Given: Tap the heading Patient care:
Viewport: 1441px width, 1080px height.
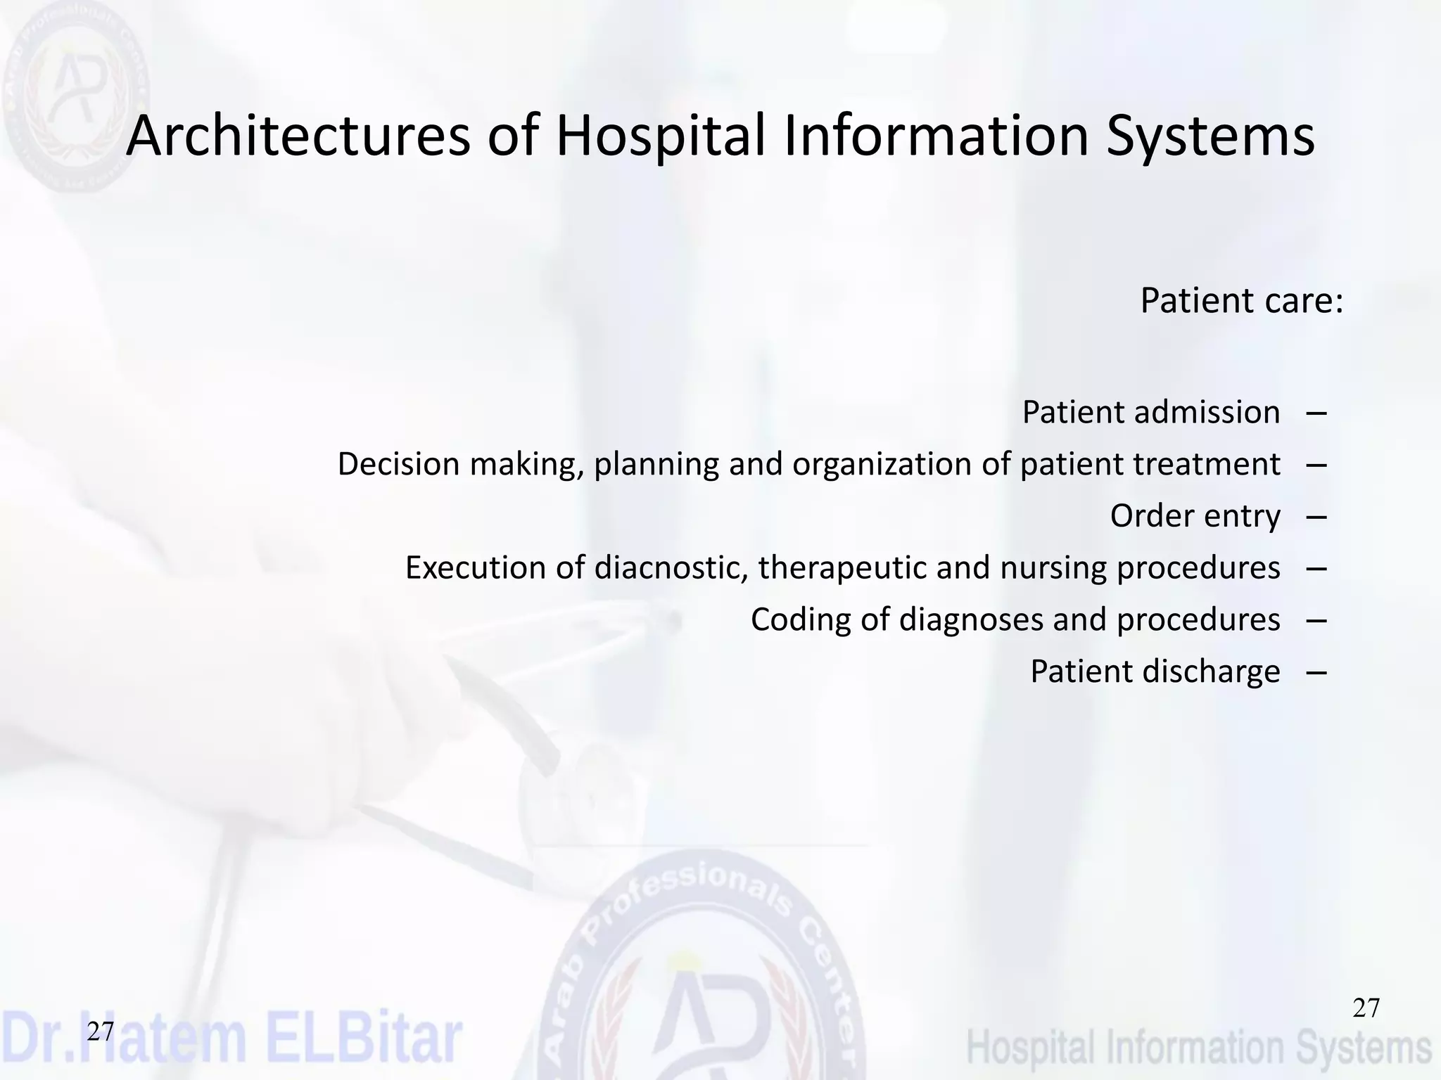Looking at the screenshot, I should tap(1241, 301).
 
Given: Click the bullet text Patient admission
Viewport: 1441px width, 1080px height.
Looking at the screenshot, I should tap(1150, 412).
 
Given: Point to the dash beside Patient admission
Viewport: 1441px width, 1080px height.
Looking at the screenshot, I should tap(1316, 413).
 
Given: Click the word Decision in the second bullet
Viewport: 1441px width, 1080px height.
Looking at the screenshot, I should tap(398, 464).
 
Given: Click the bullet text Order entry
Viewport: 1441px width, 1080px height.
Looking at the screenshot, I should tap(1195, 516).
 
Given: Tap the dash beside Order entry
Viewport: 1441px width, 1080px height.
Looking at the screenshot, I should tap(1316, 517).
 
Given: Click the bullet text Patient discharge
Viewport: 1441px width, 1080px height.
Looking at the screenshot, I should tap(1155, 671).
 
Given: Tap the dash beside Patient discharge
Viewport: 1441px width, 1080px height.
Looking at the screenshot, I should tap(1316, 672).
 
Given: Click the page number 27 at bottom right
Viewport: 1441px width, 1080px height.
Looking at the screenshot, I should tap(1366, 1008).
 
